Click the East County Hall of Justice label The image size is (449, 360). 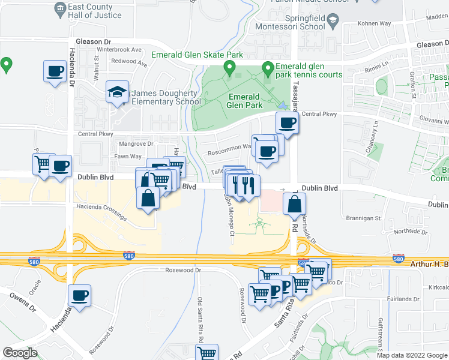point(95,11)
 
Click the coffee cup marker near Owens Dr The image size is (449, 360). point(79,295)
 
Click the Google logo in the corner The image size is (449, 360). point(20,353)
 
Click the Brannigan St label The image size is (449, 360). point(364,218)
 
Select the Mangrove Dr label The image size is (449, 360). point(136,144)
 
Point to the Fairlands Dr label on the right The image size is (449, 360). point(404,299)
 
